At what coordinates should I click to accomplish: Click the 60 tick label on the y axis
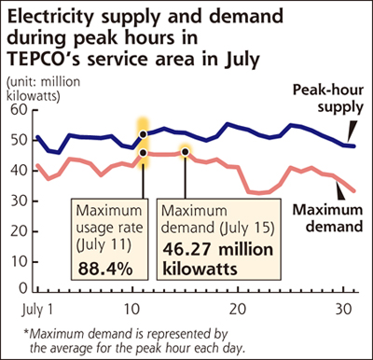(19, 110)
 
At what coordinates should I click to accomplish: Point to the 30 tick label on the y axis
(19, 201)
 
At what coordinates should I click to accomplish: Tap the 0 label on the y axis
(23, 289)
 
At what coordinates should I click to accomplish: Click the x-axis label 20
(238, 310)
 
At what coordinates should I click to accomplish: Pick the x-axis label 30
(343, 310)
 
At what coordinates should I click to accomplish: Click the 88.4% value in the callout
(105, 269)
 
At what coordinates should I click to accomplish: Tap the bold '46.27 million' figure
(218, 250)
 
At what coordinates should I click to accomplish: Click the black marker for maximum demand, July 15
(186, 152)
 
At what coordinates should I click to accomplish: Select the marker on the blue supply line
(144, 134)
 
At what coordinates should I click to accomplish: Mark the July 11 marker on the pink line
(144, 153)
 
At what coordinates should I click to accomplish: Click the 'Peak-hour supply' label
(328, 99)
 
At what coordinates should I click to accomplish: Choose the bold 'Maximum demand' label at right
(327, 218)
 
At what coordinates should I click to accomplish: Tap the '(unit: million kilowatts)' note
(43, 89)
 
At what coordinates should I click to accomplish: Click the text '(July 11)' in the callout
(104, 244)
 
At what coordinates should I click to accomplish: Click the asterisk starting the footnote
(26, 333)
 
